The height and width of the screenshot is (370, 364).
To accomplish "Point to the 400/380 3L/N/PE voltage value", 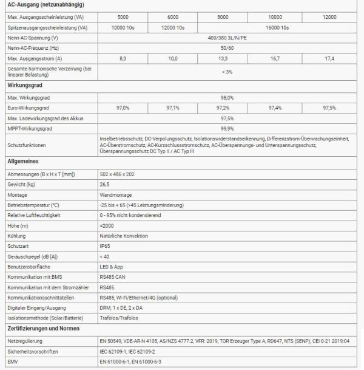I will click(x=227, y=38).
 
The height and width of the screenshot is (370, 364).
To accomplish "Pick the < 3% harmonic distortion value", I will click(x=227, y=72).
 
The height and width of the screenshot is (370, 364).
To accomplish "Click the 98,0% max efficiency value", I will click(x=227, y=97).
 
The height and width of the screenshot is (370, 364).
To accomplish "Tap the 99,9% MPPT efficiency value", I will click(x=227, y=128).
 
